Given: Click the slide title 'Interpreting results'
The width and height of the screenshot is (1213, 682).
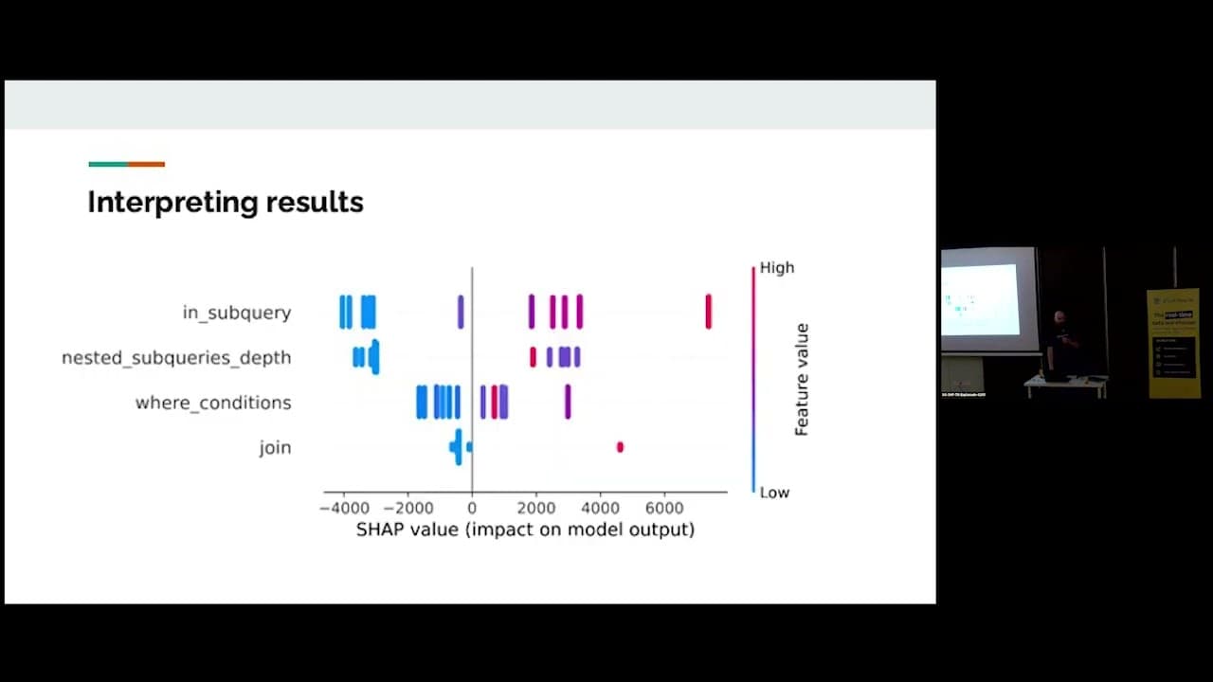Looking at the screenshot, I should [x=226, y=202].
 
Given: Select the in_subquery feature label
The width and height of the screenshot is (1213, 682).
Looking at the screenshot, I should [x=237, y=313].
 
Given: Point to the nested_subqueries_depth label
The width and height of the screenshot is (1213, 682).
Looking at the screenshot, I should [x=176, y=357].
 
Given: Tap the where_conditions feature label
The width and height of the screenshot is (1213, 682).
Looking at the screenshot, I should [x=213, y=403].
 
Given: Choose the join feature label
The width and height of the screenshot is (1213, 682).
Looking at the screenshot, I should [x=275, y=447].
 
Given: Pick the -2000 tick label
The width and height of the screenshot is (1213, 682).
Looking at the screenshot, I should [x=407, y=507].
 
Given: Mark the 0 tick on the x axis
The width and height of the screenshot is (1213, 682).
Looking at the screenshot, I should [x=472, y=507].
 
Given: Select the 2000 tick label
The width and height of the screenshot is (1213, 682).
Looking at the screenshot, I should [x=535, y=507].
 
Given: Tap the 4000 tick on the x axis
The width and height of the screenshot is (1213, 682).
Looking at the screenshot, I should [x=600, y=507].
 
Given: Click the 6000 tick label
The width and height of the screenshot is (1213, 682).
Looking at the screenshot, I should [x=664, y=507].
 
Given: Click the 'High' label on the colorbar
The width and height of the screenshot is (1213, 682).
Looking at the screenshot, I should [x=777, y=268].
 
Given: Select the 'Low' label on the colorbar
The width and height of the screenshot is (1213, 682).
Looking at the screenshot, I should [x=774, y=493].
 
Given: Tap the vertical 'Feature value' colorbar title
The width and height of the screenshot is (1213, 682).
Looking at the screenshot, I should [x=802, y=379].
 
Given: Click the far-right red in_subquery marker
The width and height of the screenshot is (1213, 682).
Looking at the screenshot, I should [x=708, y=312].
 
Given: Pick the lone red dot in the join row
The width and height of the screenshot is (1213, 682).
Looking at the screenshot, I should [x=620, y=447].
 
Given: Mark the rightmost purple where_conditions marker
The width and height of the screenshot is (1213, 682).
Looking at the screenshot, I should [x=568, y=402].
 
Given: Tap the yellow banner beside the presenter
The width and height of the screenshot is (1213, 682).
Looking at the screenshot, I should [x=1172, y=343].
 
